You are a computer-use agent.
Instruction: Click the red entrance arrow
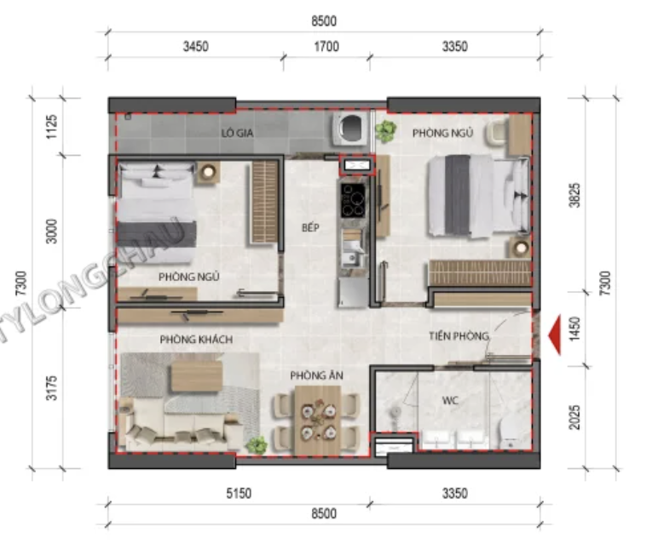click(555, 335)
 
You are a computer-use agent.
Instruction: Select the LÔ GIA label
click(237, 133)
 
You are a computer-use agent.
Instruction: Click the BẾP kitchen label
click(310, 227)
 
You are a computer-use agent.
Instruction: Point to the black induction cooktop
click(353, 200)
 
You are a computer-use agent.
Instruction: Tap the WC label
click(450, 401)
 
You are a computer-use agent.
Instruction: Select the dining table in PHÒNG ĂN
click(318, 420)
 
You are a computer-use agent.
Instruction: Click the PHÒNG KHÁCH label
click(196, 339)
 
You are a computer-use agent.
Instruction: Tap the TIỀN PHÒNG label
click(459, 335)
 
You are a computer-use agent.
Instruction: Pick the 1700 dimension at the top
click(326, 46)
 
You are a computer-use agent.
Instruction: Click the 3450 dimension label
click(195, 46)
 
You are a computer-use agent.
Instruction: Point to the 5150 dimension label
click(239, 493)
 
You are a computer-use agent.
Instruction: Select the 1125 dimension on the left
click(51, 127)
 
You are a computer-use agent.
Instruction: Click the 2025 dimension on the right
click(574, 417)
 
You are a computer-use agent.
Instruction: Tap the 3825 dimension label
click(574, 195)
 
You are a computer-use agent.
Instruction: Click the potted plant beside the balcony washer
click(385, 131)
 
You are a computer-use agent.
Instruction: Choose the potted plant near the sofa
click(257, 444)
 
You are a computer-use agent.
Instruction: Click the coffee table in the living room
click(196, 376)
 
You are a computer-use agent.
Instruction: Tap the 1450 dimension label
click(574, 329)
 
